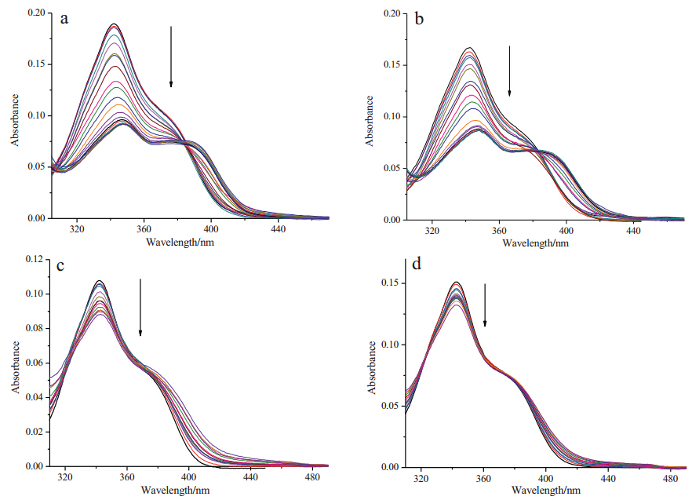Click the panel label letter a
click(65, 18)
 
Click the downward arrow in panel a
click(171, 57)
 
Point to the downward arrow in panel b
click(509, 71)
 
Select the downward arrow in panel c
click(140, 307)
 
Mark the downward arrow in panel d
click(485, 305)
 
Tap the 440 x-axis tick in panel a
click(278, 229)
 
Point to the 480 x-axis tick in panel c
click(311, 477)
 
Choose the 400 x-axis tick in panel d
click(545, 478)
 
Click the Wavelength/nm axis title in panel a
click(180, 242)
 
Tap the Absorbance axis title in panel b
click(369, 119)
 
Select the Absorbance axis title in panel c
click(14, 366)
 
